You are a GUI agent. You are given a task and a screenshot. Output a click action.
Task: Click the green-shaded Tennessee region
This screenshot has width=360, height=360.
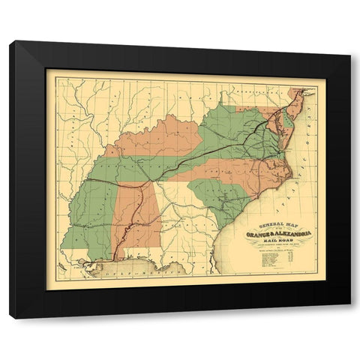150,169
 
